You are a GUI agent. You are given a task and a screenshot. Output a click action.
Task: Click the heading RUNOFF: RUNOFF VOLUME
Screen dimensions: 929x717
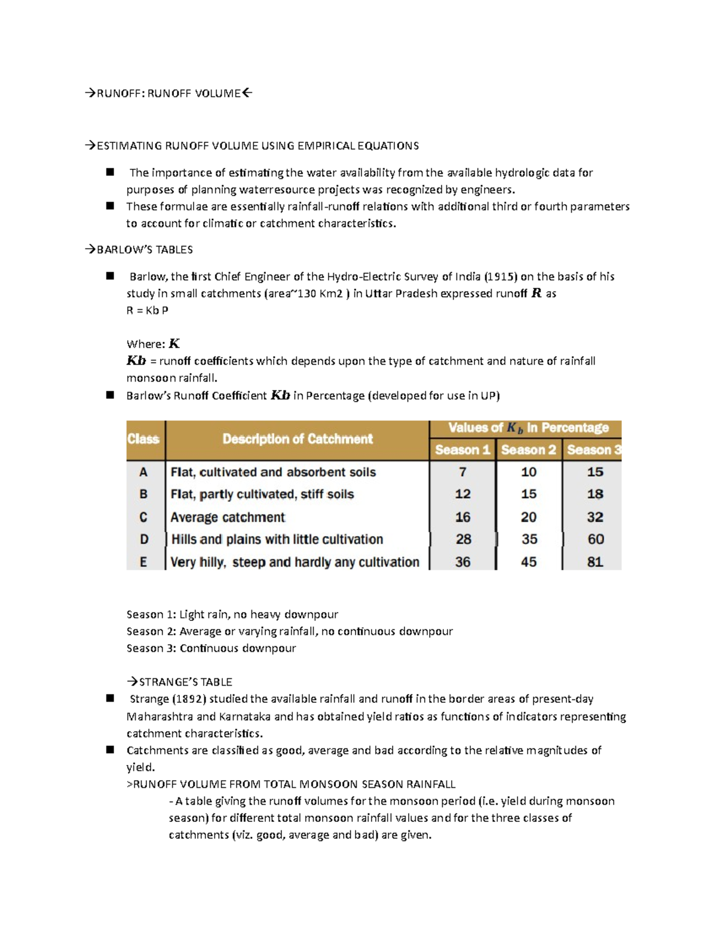(x=168, y=93)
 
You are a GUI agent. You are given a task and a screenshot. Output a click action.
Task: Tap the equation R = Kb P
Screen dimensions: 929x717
(x=147, y=310)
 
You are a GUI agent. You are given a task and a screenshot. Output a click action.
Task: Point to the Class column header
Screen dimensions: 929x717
(x=143, y=439)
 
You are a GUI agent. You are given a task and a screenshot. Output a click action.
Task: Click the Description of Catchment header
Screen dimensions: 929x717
(x=297, y=439)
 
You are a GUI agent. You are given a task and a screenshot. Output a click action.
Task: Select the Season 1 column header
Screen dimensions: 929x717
(x=462, y=450)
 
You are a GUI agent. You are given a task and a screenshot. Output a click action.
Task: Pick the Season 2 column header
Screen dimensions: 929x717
(x=528, y=450)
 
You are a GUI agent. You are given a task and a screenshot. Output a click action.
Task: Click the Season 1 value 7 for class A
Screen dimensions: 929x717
(x=462, y=472)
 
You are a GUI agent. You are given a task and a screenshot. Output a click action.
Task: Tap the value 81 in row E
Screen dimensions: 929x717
(x=595, y=562)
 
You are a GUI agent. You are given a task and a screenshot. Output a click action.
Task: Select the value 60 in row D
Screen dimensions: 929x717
(x=595, y=539)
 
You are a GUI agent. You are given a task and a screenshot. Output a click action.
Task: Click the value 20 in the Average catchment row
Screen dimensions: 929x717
(x=528, y=517)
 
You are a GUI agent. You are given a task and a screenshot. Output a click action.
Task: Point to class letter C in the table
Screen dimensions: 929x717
(x=143, y=517)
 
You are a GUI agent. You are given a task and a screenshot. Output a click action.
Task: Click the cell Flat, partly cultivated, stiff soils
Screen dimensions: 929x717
(x=262, y=494)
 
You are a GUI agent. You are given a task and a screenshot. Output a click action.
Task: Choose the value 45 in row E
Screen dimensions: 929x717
(x=528, y=562)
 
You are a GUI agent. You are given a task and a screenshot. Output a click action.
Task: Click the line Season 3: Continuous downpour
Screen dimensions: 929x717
(x=211, y=648)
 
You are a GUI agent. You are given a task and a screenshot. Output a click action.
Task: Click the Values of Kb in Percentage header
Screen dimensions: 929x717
(x=528, y=428)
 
